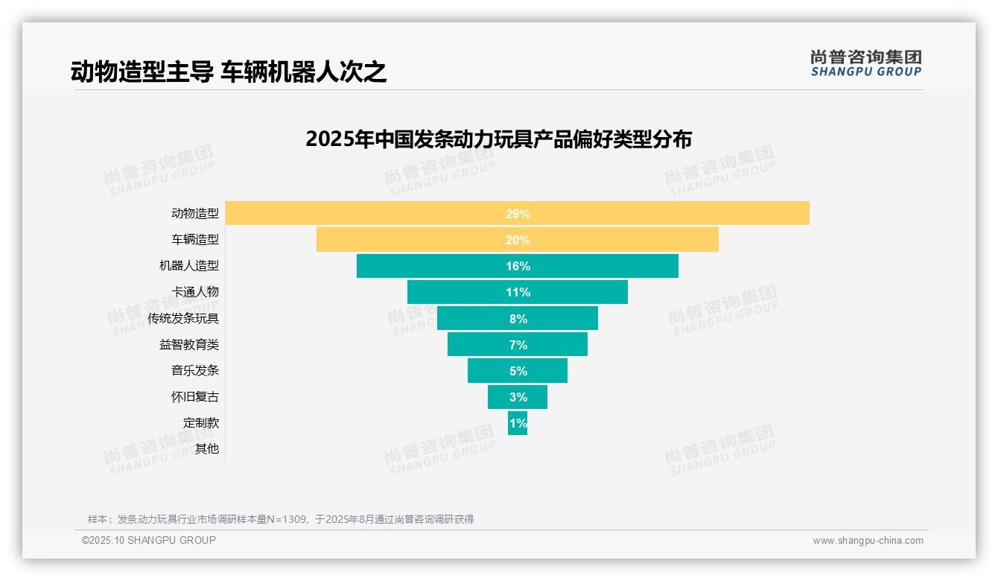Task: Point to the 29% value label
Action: tap(518, 214)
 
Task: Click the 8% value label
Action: tap(518, 319)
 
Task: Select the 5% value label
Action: tap(518, 371)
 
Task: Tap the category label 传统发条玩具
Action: tap(183, 319)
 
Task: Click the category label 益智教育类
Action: tap(189, 345)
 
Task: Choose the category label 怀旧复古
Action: tap(195, 397)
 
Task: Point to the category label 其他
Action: tap(207, 449)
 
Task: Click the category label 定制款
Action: tap(201, 423)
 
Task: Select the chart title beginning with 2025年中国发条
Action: tap(498, 139)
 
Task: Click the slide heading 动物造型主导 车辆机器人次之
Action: tap(229, 72)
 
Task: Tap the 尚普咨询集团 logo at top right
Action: tap(866, 63)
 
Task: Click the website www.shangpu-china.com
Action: tap(868, 541)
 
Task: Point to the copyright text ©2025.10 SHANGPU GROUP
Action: tap(149, 540)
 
